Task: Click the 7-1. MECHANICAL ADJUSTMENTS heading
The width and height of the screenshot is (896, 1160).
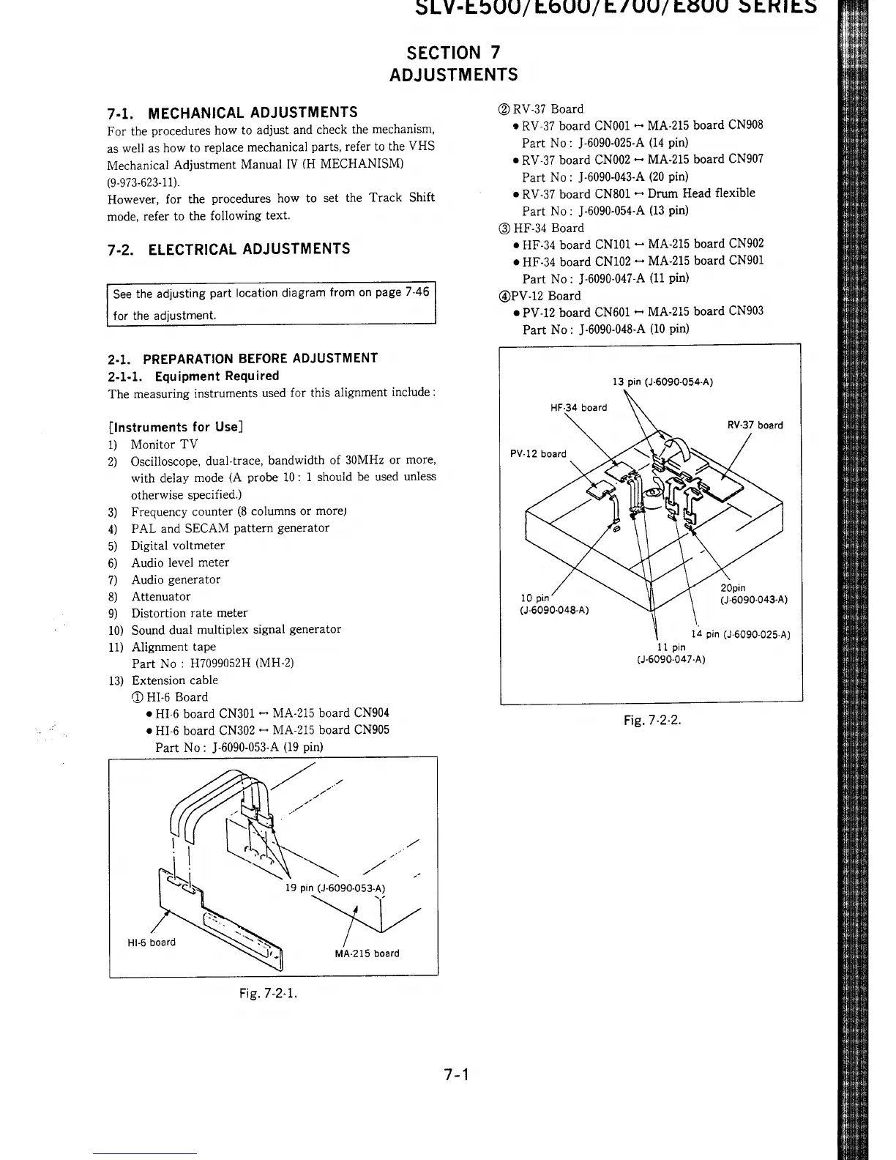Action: click(232, 112)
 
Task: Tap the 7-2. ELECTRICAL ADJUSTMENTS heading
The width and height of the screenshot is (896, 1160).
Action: click(228, 249)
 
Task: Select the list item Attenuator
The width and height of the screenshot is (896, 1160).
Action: click(160, 596)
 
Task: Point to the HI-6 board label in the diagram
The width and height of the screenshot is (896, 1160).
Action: click(152, 942)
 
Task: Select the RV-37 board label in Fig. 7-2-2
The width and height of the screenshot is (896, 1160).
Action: click(754, 425)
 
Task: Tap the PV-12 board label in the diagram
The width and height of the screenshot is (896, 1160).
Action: click(538, 453)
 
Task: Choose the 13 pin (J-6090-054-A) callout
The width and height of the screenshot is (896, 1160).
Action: click(662, 382)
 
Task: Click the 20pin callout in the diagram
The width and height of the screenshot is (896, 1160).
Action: click(733, 587)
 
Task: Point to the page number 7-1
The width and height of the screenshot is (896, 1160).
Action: click(455, 1075)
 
